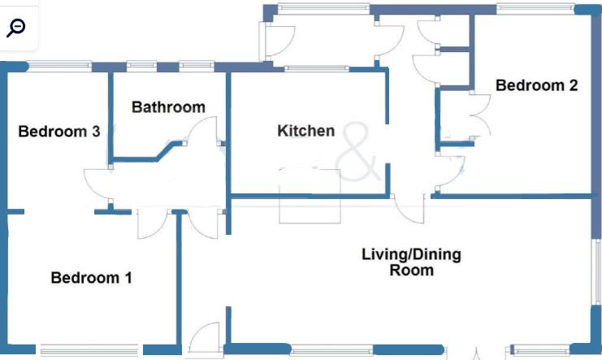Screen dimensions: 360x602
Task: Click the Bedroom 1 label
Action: tap(91, 278)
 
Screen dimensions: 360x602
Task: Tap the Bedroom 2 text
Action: tap(536, 85)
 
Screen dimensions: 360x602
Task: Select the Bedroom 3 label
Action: tap(59, 132)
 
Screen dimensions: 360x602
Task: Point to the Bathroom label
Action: tap(168, 107)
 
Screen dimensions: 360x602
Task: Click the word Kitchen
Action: tap(305, 131)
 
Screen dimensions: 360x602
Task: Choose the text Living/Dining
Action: tap(411, 254)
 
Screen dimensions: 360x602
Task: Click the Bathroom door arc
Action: tap(203, 134)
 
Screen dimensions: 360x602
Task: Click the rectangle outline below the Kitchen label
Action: tap(309, 195)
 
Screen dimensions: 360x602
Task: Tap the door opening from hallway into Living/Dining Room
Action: tap(410, 208)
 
